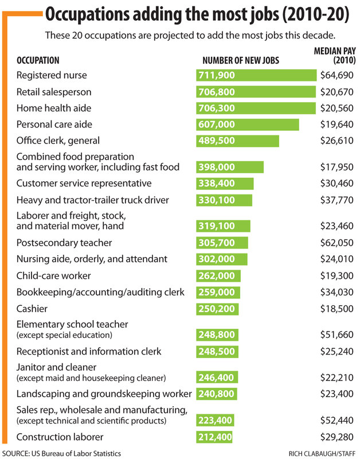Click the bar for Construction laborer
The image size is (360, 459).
(215, 437)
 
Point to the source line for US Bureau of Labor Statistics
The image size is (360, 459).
(62, 454)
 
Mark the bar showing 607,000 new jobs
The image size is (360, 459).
(248, 125)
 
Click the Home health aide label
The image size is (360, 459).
(54, 108)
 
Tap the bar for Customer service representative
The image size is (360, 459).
(225, 184)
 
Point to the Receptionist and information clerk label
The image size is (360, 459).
(89, 351)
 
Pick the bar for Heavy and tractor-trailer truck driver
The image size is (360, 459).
(224, 200)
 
